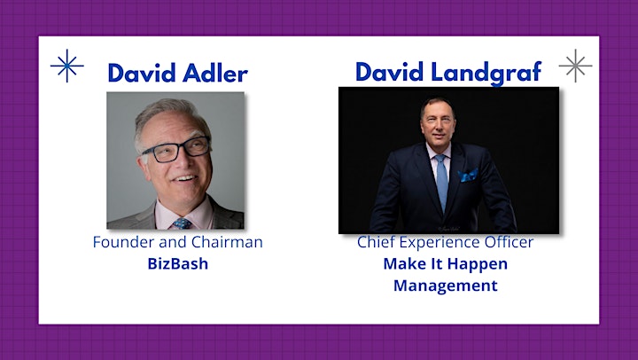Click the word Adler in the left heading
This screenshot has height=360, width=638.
point(215,73)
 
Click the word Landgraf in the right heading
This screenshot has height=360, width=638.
point(486,73)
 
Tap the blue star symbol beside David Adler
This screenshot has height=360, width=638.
point(67,66)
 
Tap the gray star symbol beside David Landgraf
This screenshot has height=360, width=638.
point(575,66)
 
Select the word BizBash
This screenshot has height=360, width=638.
point(178,263)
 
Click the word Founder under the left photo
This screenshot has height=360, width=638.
point(123,242)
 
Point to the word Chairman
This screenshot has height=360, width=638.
point(227,242)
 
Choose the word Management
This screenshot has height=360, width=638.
point(446,286)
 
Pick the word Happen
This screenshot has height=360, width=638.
point(479,264)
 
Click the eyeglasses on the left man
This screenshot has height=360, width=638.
point(176,150)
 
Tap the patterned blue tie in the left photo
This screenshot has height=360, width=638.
point(183,223)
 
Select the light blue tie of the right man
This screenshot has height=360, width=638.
point(441,182)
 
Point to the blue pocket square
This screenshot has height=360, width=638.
point(468,175)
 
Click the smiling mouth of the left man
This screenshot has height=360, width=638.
point(185,178)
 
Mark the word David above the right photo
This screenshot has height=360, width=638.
point(390,72)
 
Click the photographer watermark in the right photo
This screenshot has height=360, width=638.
point(448,229)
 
